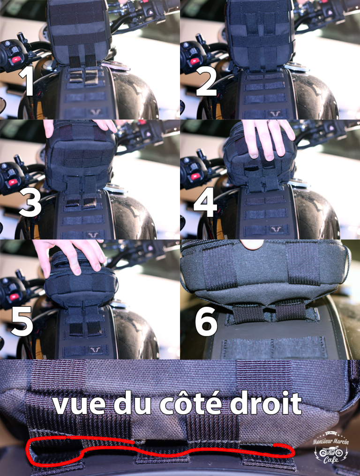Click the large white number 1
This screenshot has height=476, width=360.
click(x=27, y=81)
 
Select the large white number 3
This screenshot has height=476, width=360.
click(x=30, y=202)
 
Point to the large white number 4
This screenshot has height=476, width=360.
click(x=205, y=202)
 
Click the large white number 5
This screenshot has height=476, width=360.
click(x=22, y=321)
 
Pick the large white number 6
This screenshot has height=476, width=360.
click(x=206, y=322)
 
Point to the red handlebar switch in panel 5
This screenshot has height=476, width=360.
click(x=14, y=297)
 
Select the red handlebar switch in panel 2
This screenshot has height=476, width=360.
click(x=193, y=60)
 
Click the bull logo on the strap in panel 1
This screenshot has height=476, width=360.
click(x=95, y=112)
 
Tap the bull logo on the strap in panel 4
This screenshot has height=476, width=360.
click(x=277, y=230)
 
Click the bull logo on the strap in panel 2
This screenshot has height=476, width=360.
click(x=276, y=113)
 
